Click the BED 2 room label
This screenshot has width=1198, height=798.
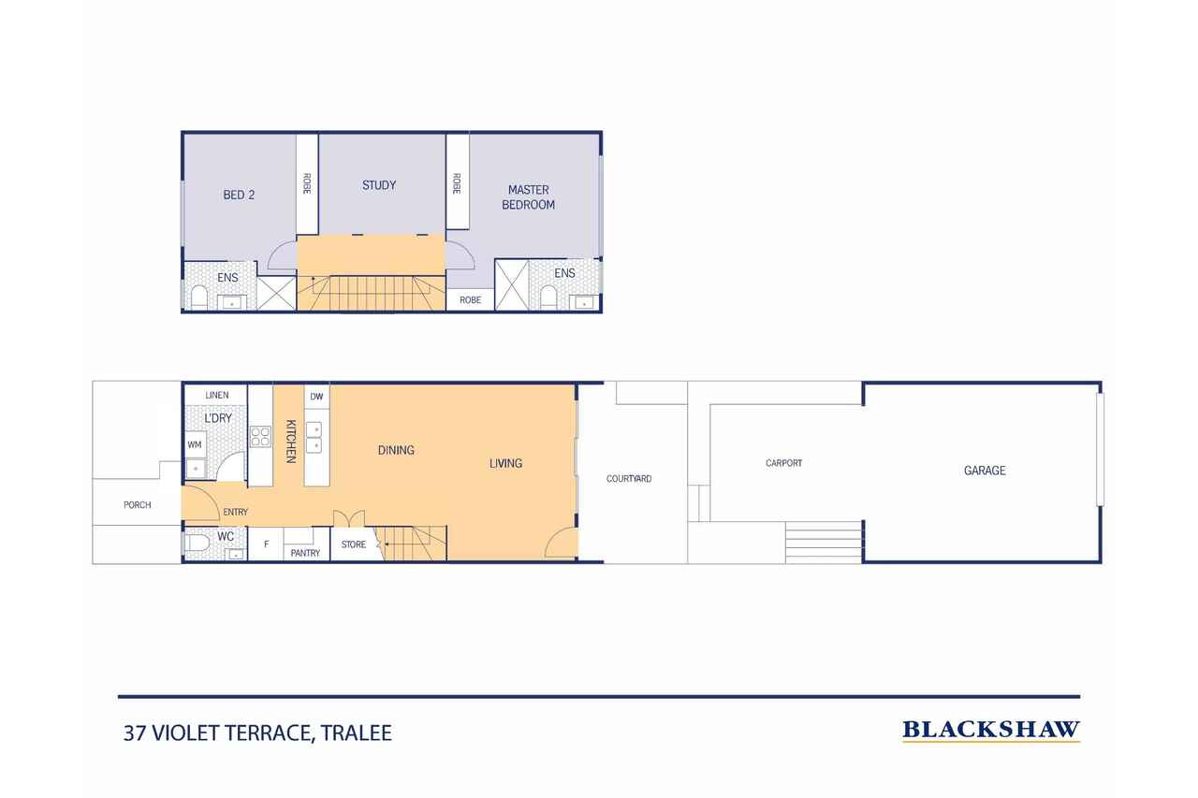pyautogui.click(x=239, y=196)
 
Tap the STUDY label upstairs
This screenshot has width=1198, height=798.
pyautogui.click(x=379, y=185)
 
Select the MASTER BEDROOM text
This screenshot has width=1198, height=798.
pyautogui.click(x=528, y=197)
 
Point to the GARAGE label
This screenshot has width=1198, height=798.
pyautogui.click(x=985, y=471)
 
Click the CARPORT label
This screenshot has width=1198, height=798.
pyautogui.click(x=783, y=463)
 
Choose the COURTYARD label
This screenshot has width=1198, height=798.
pyautogui.click(x=628, y=478)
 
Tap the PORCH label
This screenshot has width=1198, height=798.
pyautogui.click(x=137, y=504)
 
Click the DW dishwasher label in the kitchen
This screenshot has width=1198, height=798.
pyautogui.click(x=316, y=397)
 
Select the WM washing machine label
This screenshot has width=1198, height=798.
pyautogui.click(x=194, y=444)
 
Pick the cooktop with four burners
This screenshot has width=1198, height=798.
pyautogui.click(x=260, y=437)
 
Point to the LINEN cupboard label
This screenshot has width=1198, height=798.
pyautogui.click(x=216, y=395)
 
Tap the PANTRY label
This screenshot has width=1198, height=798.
pyautogui.click(x=305, y=553)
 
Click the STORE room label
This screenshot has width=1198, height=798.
pyautogui.click(x=354, y=544)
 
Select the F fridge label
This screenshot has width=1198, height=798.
pyautogui.click(x=267, y=544)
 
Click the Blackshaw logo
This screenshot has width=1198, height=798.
pyautogui.click(x=991, y=730)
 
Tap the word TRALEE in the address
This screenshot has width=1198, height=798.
pyautogui.click(x=357, y=733)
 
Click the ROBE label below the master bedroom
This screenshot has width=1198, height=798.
pyautogui.click(x=470, y=300)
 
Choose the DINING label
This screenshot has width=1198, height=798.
pyautogui.click(x=396, y=450)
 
